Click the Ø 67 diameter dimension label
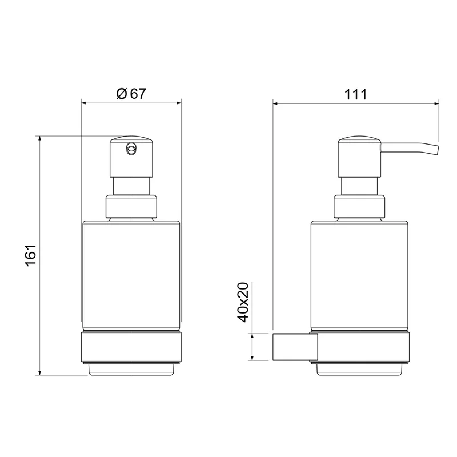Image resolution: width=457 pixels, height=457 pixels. (131, 94)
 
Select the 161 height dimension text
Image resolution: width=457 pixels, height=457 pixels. (31, 255)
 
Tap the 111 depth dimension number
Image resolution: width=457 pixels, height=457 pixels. (355, 94)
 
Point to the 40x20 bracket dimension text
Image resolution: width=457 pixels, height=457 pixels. (243, 302)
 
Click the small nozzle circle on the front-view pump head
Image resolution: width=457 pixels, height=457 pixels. (131, 149)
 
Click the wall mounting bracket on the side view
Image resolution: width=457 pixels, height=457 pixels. (295, 347)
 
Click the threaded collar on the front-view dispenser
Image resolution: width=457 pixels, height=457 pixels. (131, 207)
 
